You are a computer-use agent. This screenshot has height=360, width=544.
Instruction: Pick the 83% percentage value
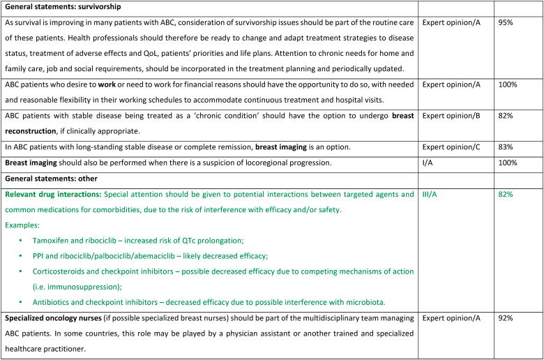pyautogui.click(x=507, y=147)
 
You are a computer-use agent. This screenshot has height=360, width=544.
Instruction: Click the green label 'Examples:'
pyautogui.click(x=25, y=224)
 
